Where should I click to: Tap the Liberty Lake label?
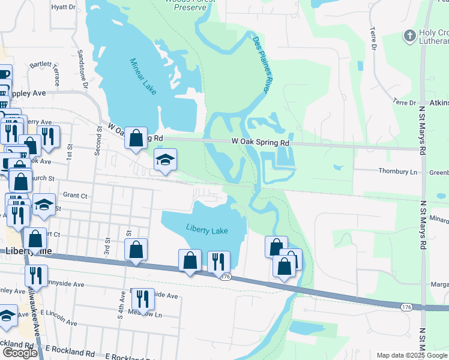pos(207,229)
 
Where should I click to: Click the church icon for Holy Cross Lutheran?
pos(410,36)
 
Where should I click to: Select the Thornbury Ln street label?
pos(397,172)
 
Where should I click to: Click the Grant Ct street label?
pos(75,195)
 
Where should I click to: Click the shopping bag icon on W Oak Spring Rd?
pos(136,138)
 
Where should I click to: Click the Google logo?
pos(20,353)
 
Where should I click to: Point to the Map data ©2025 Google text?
pos(412,355)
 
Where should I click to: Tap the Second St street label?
pos(98,142)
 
